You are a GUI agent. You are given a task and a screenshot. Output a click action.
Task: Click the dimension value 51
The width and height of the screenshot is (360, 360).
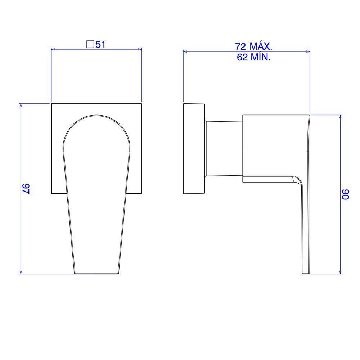click(100, 45)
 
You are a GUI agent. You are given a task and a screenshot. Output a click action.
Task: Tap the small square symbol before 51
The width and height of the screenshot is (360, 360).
click(90, 45)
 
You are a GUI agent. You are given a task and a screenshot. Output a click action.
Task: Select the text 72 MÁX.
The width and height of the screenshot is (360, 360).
click(253, 46)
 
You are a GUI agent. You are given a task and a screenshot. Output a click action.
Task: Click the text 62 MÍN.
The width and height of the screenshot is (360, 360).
click(253, 57)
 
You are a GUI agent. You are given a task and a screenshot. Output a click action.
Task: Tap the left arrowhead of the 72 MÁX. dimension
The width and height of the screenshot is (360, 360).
click(186, 51)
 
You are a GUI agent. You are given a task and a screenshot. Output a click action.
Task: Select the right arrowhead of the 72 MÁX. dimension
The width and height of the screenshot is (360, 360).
click(308, 51)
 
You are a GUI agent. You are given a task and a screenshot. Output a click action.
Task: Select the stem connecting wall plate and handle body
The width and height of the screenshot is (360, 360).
click(224, 149)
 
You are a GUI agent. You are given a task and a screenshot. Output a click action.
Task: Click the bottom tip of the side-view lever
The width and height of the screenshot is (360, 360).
click(305, 273)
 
